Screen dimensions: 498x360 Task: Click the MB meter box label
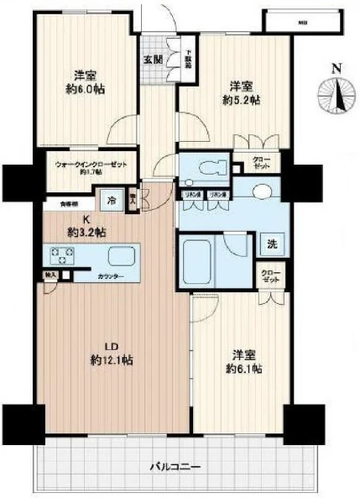click(x=302, y=23)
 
